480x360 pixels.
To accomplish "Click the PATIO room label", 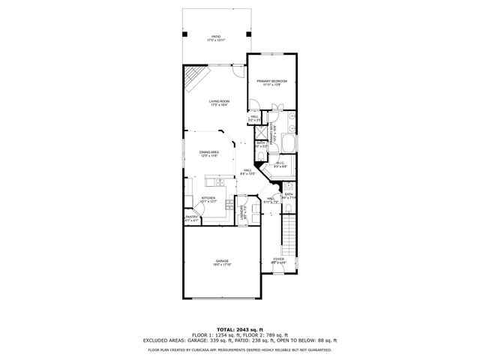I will (216, 37).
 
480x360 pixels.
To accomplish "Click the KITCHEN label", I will (208, 199).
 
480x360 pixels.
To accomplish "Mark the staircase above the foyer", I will (286, 232).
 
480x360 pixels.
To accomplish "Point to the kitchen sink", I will (219, 182).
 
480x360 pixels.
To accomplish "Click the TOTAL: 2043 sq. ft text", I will (239, 328).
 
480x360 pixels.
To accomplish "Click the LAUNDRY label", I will (242, 211).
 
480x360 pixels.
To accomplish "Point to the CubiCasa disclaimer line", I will (239, 349).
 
